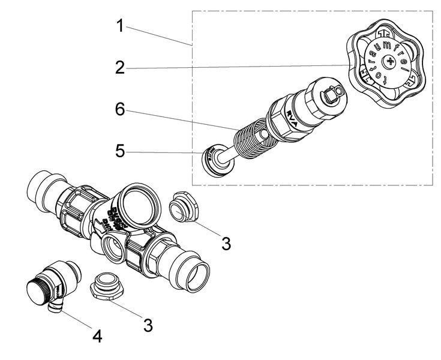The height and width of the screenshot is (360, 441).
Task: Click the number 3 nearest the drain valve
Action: [148, 325]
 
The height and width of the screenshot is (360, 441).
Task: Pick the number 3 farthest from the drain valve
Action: [226, 243]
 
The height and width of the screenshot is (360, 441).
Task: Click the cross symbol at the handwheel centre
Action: [391, 61]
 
